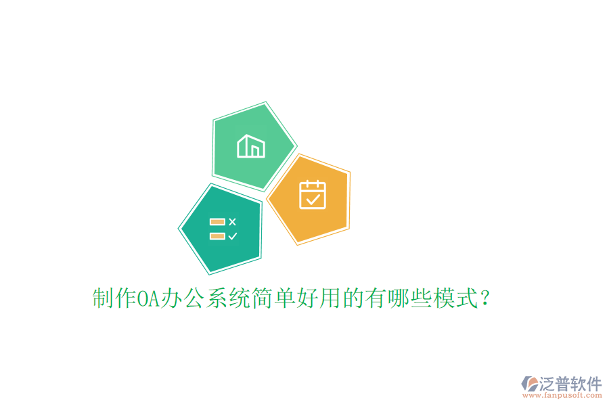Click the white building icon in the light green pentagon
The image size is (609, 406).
[250, 146]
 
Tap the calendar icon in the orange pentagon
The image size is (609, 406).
[313, 194]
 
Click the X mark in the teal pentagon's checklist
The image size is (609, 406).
[233, 221]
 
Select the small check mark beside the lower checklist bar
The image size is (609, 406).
[233, 236]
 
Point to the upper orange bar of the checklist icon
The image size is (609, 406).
[217, 221]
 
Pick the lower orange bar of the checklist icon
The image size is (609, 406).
[217, 236]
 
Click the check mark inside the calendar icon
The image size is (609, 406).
[313, 199]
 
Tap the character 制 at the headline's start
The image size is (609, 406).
[102, 298]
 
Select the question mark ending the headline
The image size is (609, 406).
[484, 298]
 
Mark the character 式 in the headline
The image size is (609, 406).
[464, 298]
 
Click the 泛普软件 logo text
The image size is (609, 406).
[570, 384]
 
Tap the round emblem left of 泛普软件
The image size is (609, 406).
[529, 385]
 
